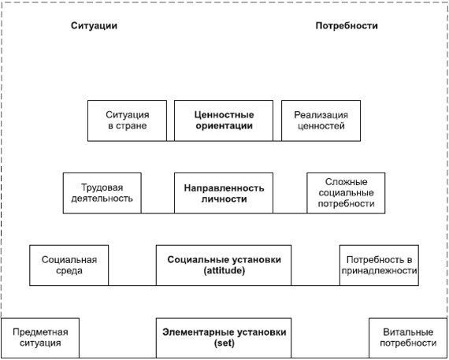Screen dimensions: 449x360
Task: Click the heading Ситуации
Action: click(94, 26)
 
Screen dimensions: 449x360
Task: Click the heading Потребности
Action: click(347, 26)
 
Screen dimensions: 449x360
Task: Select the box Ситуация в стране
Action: click(127, 121)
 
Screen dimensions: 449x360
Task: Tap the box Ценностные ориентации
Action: click(224, 121)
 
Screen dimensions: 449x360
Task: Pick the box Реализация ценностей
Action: click(321, 121)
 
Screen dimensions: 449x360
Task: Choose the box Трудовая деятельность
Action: click(102, 193)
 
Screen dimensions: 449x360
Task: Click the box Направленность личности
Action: click(224, 193)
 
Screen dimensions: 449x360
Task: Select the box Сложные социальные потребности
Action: click(346, 193)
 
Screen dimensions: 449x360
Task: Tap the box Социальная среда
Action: click(69, 265)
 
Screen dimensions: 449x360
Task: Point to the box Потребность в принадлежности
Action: click(379, 265)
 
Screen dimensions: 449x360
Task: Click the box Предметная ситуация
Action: click(40, 338)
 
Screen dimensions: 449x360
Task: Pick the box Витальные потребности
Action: click(408, 338)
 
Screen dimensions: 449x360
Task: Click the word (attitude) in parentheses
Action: click(224, 271)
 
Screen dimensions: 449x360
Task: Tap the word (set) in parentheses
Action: click(224, 343)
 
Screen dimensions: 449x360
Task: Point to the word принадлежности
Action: click(379, 271)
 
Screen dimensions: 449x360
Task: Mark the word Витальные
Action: click(408, 332)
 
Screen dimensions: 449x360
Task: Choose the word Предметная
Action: click(40, 332)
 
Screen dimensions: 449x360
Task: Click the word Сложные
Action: click(346, 182)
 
